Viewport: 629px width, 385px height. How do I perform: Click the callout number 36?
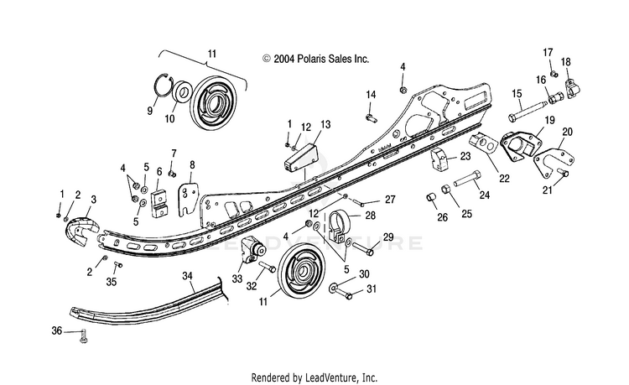[x=57, y=330]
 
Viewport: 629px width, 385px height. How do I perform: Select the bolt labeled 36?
[x=84, y=336]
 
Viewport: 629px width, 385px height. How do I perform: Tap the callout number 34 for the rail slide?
[x=187, y=276]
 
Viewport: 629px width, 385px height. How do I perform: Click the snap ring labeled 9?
[x=164, y=86]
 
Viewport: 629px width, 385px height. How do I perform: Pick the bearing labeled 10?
[x=182, y=92]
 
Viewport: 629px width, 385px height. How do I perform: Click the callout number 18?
[x=565, y=62]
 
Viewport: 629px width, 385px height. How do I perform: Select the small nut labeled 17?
[x=554, y=74]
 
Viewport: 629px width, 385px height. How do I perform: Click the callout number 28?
[x=370, y=216]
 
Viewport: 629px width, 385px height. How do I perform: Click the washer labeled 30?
[x=333, y=288]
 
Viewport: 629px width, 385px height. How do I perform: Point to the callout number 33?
[x=237, y=278]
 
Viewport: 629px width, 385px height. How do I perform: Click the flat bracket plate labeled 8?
[x=188, y=198]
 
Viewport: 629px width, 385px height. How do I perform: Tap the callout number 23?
[x=465, y=156]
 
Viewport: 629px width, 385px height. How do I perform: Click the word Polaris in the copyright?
[x=312, y=59]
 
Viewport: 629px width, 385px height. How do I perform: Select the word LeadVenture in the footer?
[x=331, y=377]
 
